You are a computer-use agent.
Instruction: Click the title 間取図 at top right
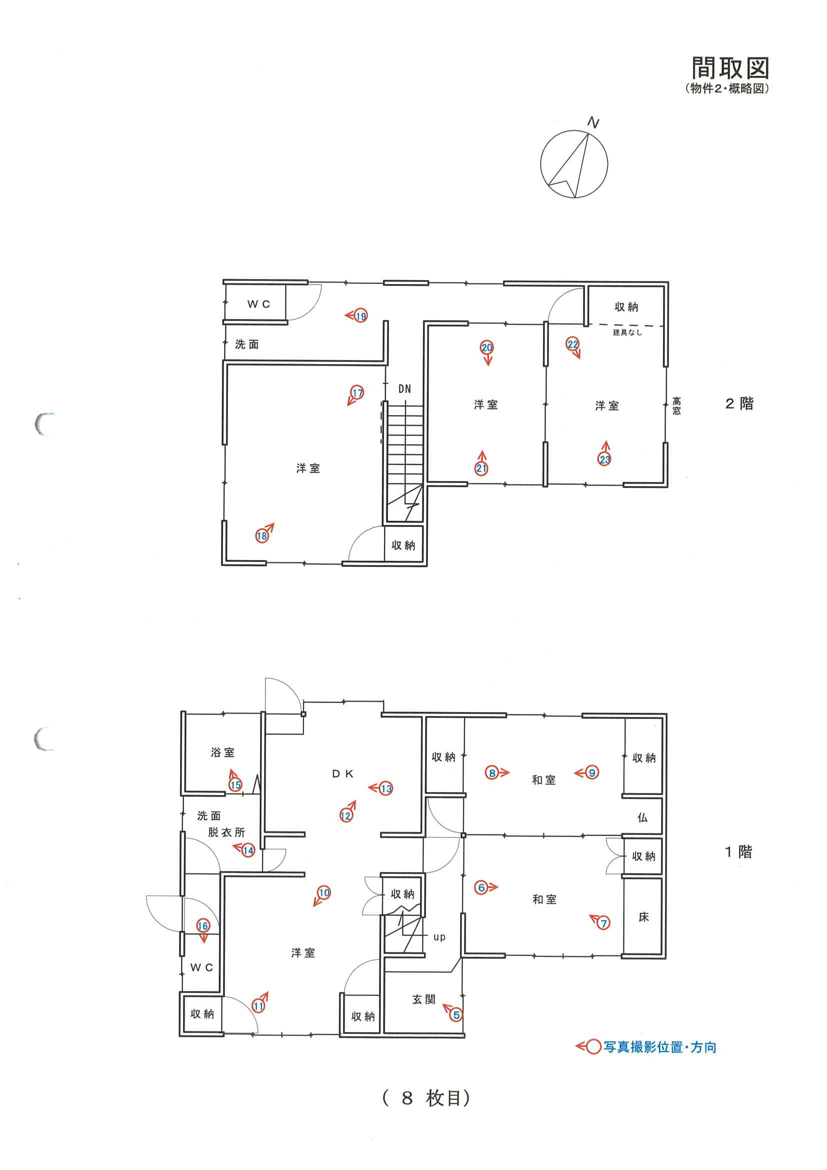tap(729, 68)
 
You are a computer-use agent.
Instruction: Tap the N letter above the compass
tap(593, 123)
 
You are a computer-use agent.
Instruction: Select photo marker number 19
tap(361, 316)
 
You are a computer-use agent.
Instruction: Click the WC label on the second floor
tap(259, 304)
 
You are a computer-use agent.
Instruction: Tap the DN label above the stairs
tap(404, 389)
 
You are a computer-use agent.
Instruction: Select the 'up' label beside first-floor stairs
tap(439, 936)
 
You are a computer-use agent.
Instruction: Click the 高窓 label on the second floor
tap(676, 406)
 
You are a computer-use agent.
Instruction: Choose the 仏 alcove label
tap(643, 818)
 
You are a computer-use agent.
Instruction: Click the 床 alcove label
tap(643, 917)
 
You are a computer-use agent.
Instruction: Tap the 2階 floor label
tap(739, 404)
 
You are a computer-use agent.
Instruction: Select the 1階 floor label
tap(738, 852)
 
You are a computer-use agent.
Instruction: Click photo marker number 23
tap(605, 459)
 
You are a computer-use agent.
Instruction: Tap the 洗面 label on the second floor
tap(247, 344)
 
